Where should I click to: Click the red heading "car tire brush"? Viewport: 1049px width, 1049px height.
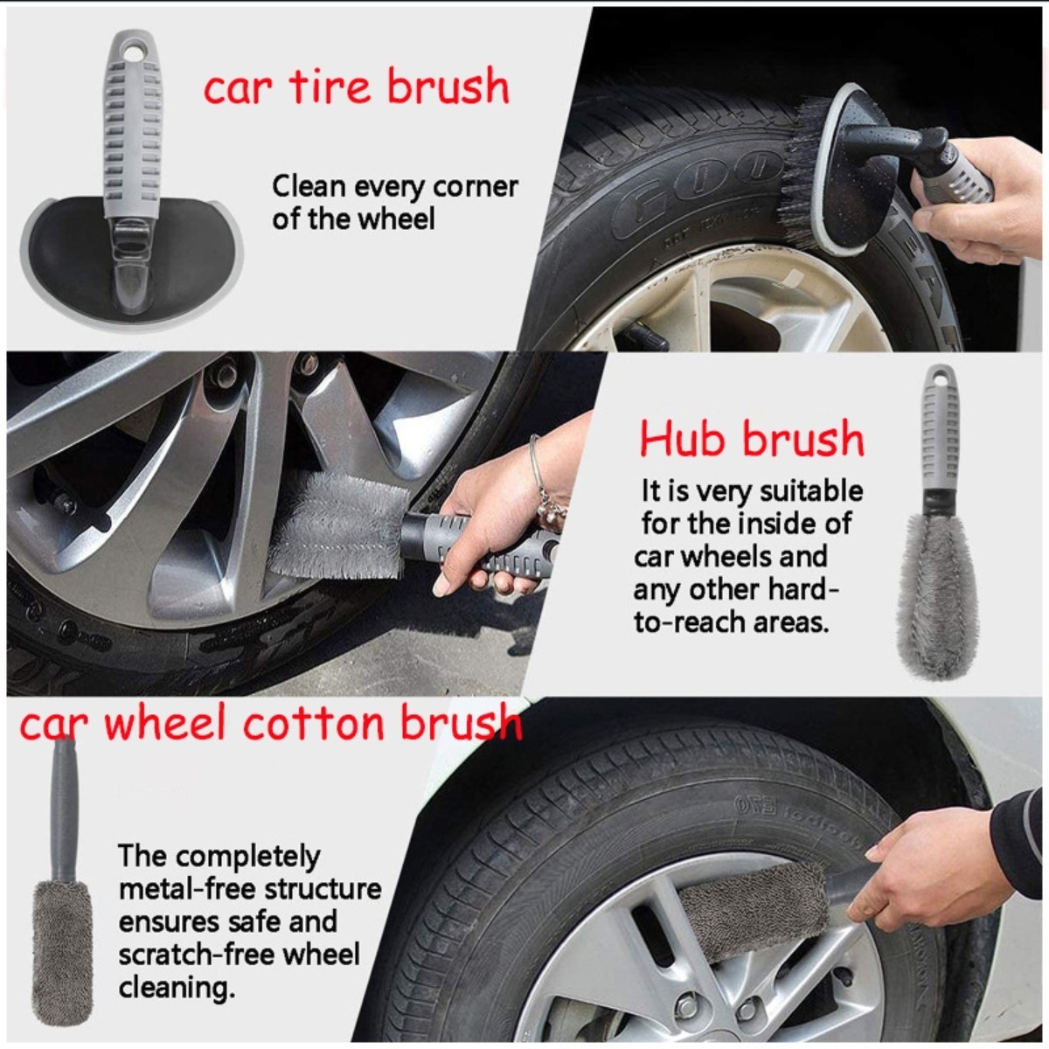pos(357,86)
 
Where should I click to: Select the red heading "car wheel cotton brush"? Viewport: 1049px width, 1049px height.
pos(270,723)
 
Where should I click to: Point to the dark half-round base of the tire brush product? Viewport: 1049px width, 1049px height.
pos(131,261)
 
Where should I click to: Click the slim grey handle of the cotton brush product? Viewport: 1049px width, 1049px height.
pos(64,811)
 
